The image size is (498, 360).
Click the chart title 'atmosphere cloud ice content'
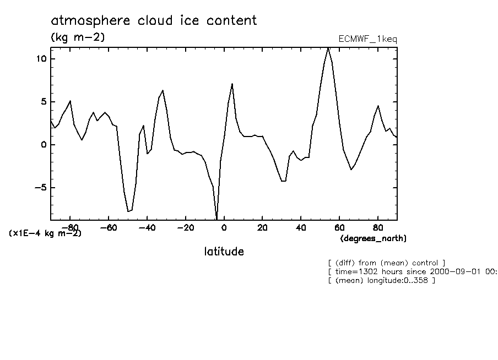154,21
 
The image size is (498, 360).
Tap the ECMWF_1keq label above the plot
367,39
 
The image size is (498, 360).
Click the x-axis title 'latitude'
224,252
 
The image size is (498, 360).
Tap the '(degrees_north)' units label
373,238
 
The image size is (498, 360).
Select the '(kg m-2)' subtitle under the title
78,37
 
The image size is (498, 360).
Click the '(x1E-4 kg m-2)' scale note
45,233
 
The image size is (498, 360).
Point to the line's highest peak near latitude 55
328,48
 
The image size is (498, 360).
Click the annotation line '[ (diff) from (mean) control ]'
386,263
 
